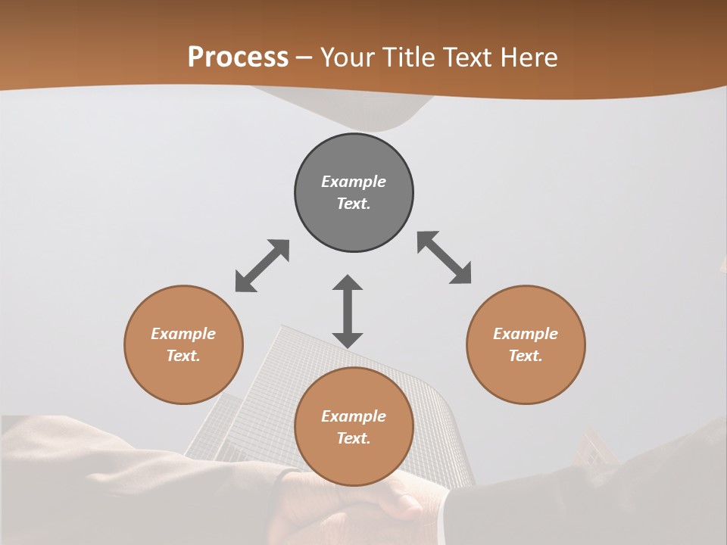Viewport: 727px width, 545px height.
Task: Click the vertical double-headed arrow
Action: click(348, 311)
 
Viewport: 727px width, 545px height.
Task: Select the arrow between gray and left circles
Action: click(262, 266)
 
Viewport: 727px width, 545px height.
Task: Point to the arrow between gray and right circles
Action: click(445, 258)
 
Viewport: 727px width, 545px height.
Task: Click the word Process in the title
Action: click(238, 58)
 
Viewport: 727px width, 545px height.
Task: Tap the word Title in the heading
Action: click(409, 58)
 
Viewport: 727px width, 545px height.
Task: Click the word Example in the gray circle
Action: click(354, 182)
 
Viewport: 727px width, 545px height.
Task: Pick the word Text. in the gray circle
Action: click(354, 204)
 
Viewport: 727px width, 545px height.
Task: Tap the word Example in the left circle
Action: click(183, 334)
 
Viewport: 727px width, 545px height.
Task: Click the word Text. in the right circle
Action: click(526, 356)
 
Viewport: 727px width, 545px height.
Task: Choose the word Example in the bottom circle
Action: click(354, 416)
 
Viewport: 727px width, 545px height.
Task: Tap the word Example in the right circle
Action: click(526, 334)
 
